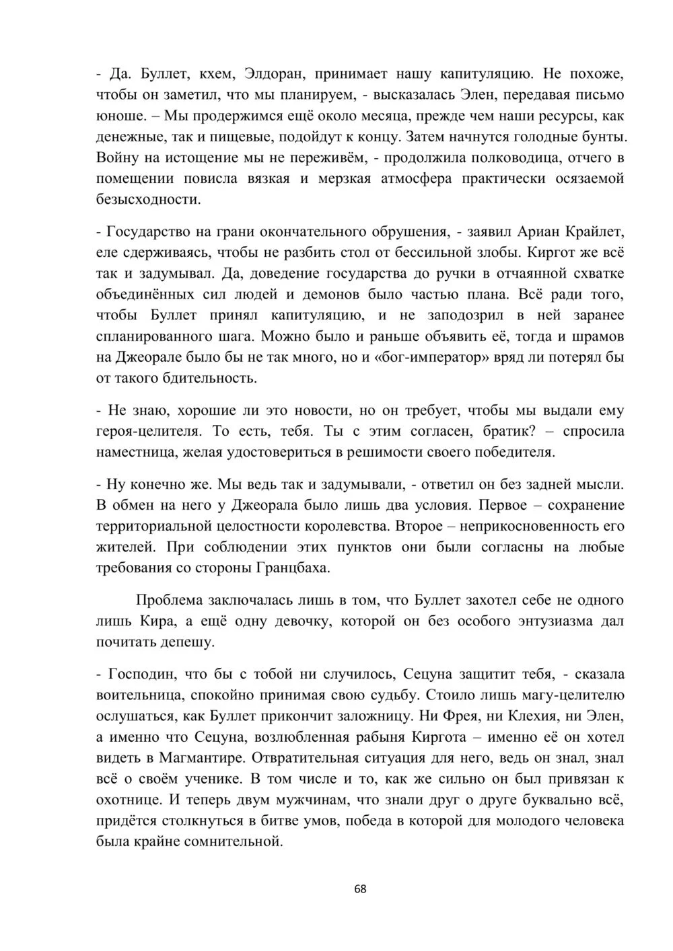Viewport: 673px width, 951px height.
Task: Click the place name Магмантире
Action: pos(203,758)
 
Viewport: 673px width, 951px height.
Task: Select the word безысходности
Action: pos(148,200)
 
